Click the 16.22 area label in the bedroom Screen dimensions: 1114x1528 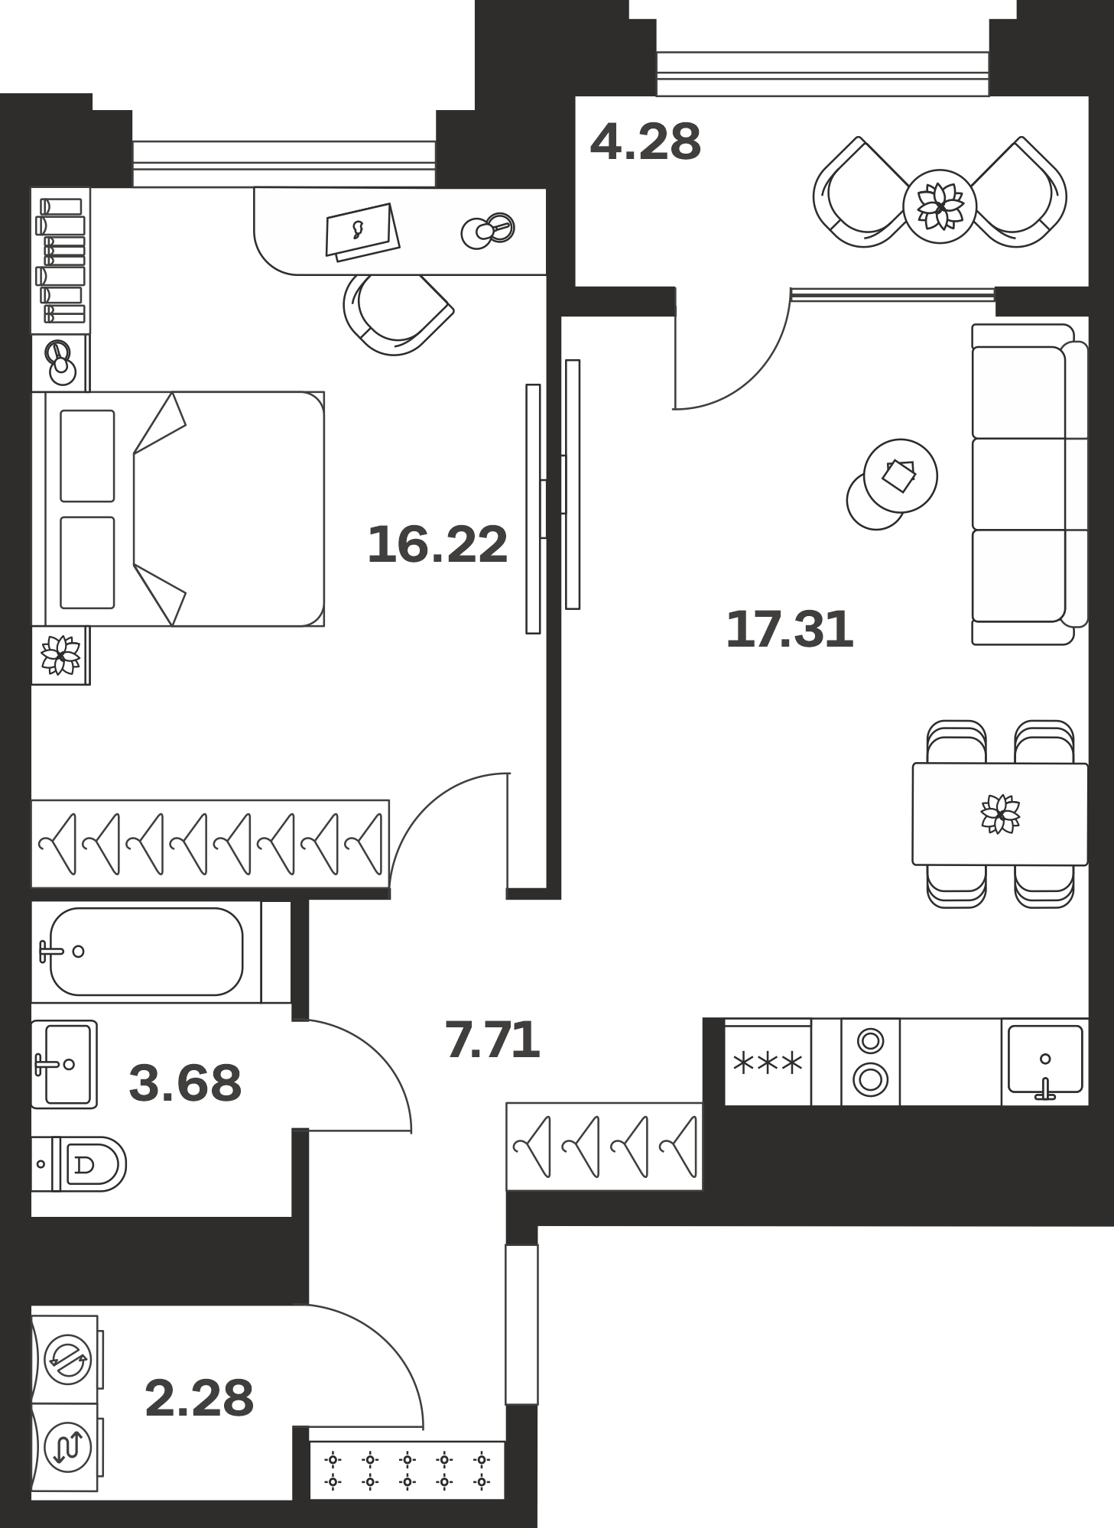tap(437, 545)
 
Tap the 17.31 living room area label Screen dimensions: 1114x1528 tap(789, 630)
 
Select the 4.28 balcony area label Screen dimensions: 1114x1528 tap(645, 142)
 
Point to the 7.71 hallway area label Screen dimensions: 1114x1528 tap(492, 1040)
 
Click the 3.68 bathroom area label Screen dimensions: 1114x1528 tap(185, 1083)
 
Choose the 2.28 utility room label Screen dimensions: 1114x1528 tap(199, 1399)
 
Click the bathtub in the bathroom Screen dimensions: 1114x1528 tap(146, 952)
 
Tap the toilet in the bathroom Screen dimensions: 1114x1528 tap(80, 1164)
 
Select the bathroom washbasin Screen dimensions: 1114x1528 tap(64, 1064)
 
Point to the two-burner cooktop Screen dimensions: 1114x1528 tap(870, 1062)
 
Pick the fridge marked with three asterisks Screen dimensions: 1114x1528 tap(768, 1062)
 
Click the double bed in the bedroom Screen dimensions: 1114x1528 tap(177, 509)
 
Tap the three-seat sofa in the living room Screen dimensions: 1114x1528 tap(1029, 484)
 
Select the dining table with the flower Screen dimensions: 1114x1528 tap(999, 814)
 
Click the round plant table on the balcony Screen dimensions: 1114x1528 tap(940, 206)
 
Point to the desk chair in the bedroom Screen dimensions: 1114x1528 tap(398, 314)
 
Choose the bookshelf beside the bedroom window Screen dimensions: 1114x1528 tap(60, 260)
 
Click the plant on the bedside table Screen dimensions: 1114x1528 tap(60, 655)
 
